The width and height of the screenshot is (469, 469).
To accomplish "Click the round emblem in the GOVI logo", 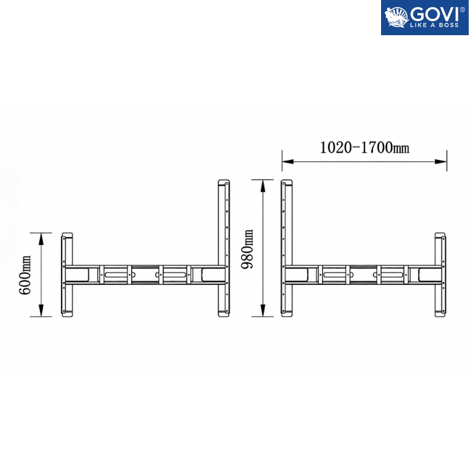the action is pos(396,18).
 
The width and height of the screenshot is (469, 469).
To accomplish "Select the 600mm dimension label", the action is pos(25,275).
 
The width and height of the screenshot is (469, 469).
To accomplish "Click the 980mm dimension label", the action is pos(247,249).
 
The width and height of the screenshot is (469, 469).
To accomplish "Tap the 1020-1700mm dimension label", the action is pos(365,148).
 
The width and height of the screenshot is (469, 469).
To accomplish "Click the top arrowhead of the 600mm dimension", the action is pos(41,238).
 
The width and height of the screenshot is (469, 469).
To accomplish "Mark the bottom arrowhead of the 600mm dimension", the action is pos(41,311).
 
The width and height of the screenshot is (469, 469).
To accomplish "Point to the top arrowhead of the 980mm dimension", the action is pos(263,185).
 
